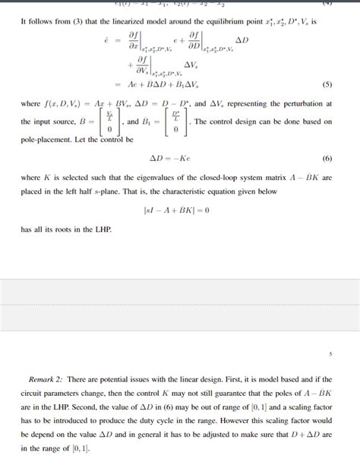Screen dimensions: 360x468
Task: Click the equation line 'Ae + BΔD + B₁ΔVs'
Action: [162, 84]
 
